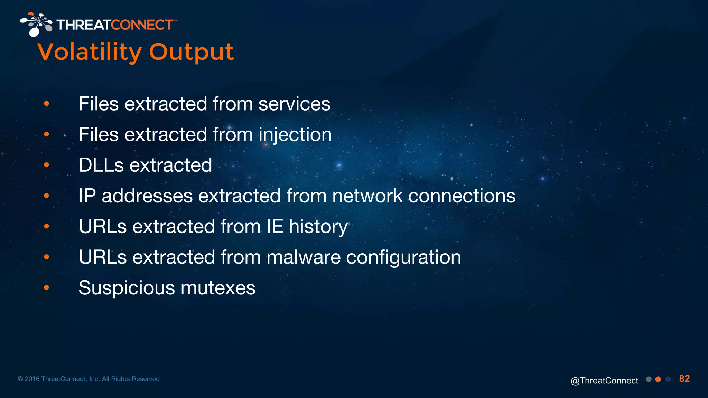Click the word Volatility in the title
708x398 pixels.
click(x=89, y=53)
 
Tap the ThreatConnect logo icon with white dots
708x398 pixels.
click(x=36, y=25)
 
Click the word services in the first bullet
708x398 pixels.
click(x=294, y=104)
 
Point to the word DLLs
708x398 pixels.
click(x=101, y=165)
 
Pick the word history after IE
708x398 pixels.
click(x=318, y=227)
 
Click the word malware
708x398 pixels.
click(x=303, y=257)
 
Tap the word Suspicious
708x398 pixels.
click(x=127, y=288)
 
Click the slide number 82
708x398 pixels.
click(x=684, y=379)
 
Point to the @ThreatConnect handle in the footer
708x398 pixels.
click(x=604, y=380)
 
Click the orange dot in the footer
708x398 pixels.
click(x=658, y=379)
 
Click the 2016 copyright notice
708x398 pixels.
click(x=88, y=379)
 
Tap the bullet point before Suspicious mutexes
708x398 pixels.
click(x=47, y=287)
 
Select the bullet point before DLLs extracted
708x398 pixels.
click(x=47, y=165)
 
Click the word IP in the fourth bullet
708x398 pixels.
click(x=87, y=196)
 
